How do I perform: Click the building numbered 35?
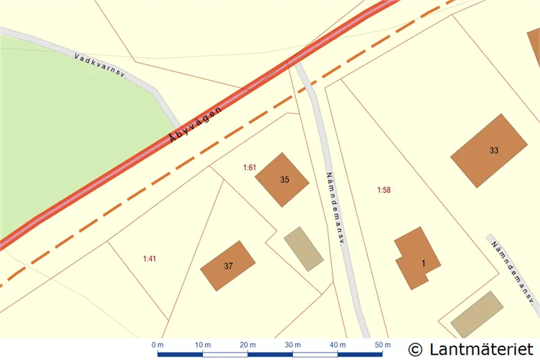click(x=282, y=179)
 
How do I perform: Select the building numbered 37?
click(x=228, y=265)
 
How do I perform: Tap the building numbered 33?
click(x=489, y=150)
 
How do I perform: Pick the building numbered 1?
click(x=418, y=259)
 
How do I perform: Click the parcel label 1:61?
click(x=250, y=166)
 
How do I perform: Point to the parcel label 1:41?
click(x=150, y=258)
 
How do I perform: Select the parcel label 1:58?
click(x=384, y=190)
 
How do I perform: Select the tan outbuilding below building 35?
click(x=303, y=248)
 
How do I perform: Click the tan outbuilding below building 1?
click(x=477, y=315)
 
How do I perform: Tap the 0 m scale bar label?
click(x=158, y=345)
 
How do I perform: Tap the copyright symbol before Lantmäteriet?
click(x=416, y=349)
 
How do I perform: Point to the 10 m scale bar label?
click(x=202, y=345)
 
